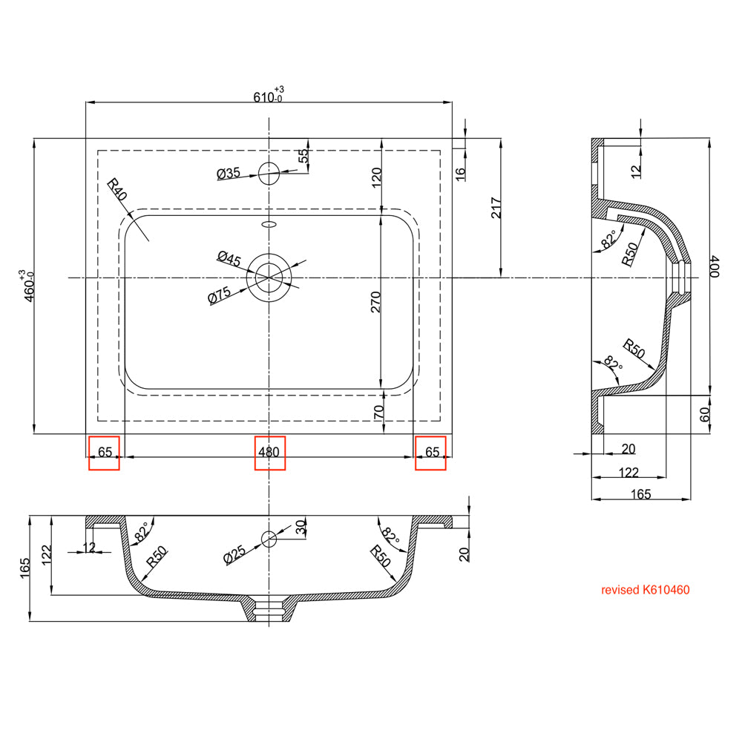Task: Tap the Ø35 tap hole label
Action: tap(228, 174)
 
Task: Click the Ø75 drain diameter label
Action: tap(219, 295)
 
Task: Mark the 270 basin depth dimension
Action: tap(375, 301)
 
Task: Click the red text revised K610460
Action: tap(646, 591)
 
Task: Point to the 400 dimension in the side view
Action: tap(714, 266)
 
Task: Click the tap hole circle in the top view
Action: tap(269, 174)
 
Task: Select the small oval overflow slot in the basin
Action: tap(269, 222)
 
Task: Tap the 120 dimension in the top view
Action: tap(375, 177)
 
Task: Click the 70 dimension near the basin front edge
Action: tap(379, 413)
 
